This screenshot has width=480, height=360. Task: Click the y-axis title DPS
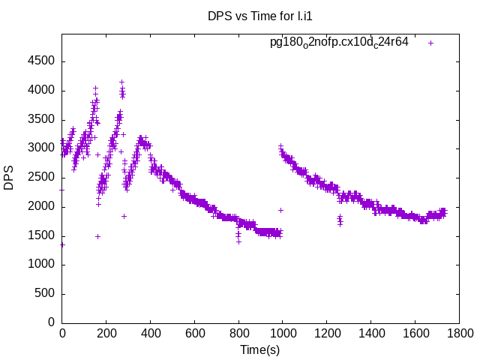9,177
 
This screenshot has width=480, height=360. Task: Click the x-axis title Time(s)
259,350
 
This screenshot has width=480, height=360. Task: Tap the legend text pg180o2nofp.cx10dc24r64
339,42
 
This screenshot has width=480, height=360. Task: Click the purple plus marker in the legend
431,43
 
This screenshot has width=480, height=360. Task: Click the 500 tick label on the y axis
45,293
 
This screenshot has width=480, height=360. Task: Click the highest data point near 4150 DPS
121,82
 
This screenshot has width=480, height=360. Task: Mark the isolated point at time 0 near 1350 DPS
62,244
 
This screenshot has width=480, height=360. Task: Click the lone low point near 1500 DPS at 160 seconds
97,236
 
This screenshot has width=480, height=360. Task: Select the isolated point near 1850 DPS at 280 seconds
124,216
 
